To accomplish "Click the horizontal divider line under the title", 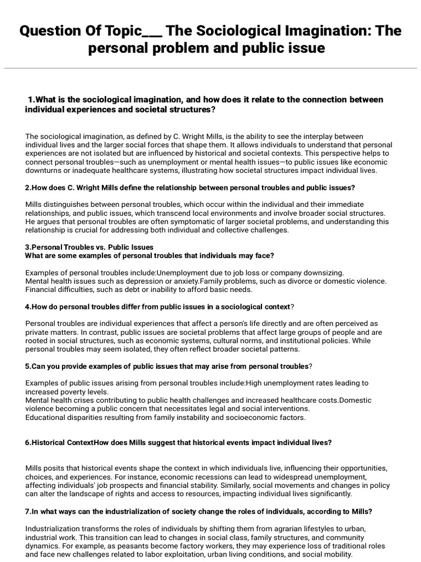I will [210, 69].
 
